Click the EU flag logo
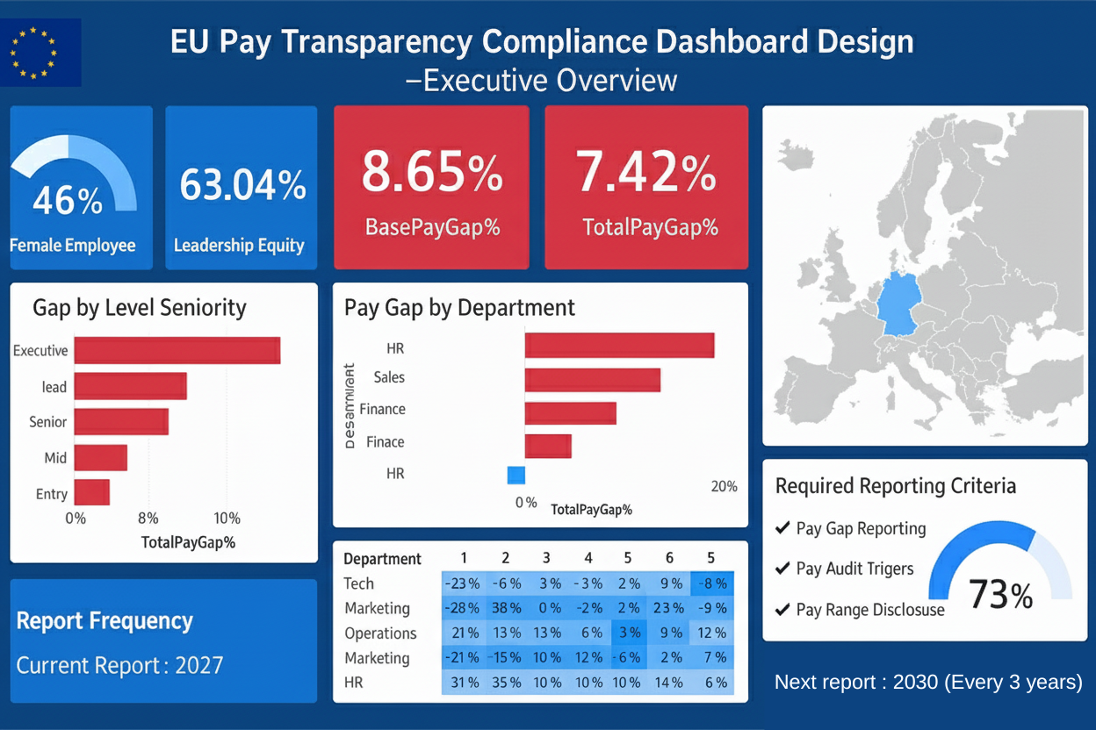(40, 53)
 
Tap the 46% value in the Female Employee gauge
(67, 201)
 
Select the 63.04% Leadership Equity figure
(242, 185)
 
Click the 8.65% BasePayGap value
(432, 172)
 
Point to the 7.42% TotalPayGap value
(646, 172)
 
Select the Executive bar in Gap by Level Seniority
(177, 350)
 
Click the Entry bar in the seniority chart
(91, 492)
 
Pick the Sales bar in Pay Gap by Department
(592, 380)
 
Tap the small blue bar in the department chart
(516, 475)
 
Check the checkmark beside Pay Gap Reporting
(782, 528)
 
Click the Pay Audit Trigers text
(854, 569)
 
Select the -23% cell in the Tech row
(462, 583)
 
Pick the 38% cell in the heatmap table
(505, 608)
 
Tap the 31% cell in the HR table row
(462, 683)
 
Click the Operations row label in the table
(380, 633)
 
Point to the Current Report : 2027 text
(119, 664)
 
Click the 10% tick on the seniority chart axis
(227, 518)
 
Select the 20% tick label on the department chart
(723, 487)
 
